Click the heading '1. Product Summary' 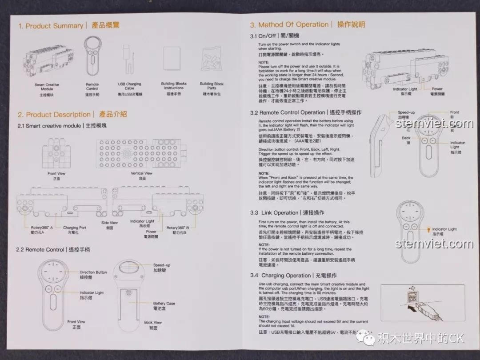point(51,26)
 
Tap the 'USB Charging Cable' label point(129,86)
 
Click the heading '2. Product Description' point(54,115)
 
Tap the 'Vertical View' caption point(141,173)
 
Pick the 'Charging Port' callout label point(74,228)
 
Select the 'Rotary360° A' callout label point(42,227)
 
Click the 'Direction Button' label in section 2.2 point(93,272)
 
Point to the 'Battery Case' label point(164,303)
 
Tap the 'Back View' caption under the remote point(153,322)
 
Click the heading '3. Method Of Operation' point(289,25)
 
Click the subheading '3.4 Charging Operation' point(280,276)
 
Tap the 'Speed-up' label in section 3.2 point(406,113)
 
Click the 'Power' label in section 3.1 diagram point(437,89)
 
